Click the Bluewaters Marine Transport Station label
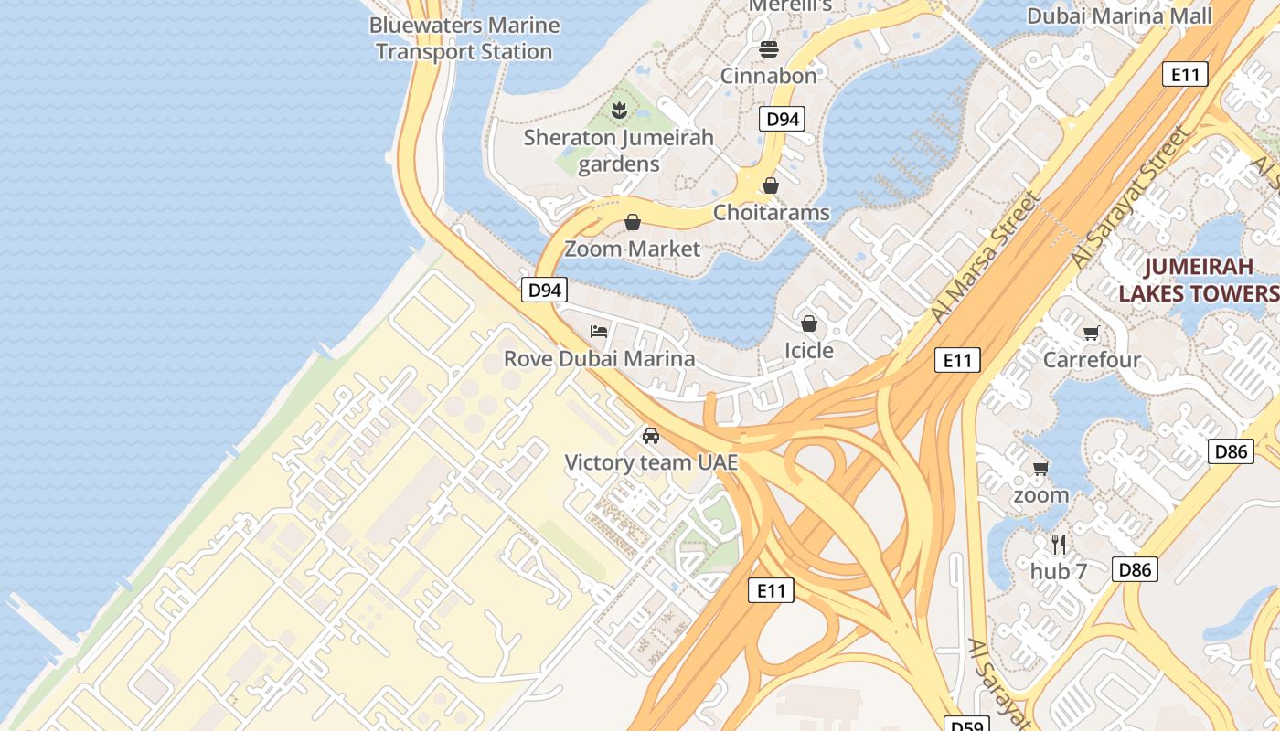tap(464, 38)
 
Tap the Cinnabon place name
tap(768, 76)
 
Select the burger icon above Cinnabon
tap(768, 48)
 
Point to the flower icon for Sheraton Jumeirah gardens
tap(619, 111)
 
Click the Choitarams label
tap(771, 213)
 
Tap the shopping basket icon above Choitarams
tap(771, 185)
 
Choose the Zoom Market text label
tap(632, 249)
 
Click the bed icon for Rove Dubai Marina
tap(599, 331)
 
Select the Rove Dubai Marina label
tap(599, 358)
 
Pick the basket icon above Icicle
tap(808, 323)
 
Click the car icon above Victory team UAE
tap(650, 435)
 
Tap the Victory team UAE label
tap(650, 462)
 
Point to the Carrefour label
tap(1092, 360)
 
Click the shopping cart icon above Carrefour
tap(1090, 333)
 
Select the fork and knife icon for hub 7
tap(1059, 545)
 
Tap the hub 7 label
tap(1059, 572)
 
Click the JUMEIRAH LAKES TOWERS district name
tap(1198, 281)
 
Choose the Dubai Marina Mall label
tap(1119, 16)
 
